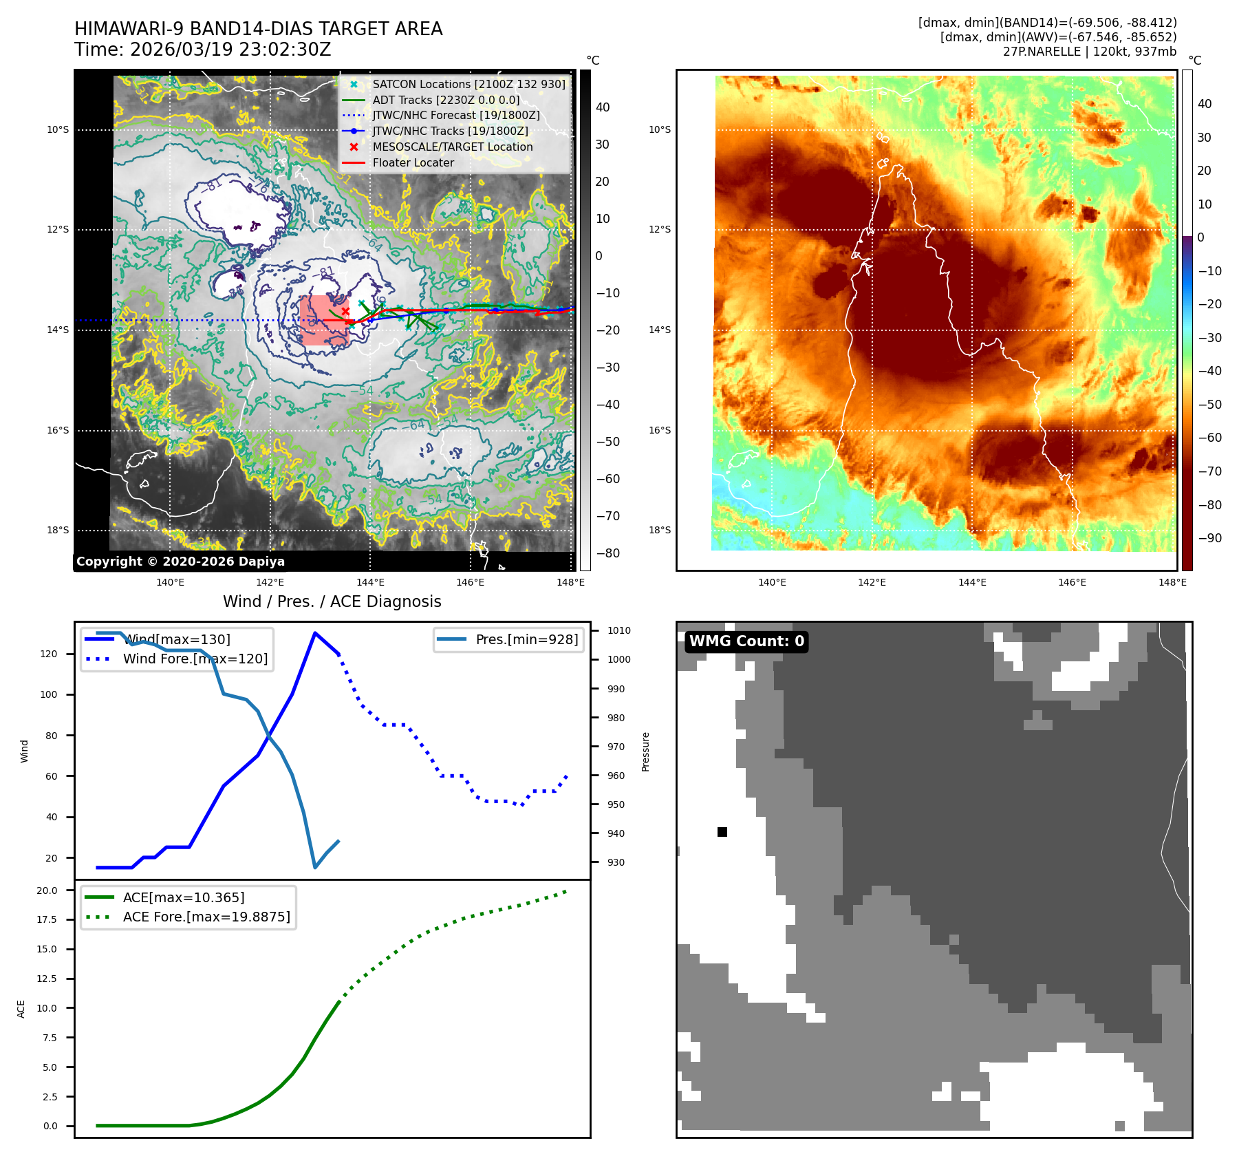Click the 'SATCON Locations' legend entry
(x=468, y=84)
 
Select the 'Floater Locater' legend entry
(x=413, y=163)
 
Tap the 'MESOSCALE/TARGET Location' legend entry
(x=452, y=147)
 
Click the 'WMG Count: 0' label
(x=746, y=641)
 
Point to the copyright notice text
(x=180, y=562)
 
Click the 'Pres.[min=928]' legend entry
(x=526, y=639)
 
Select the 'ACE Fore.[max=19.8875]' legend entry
(x=206, y=917)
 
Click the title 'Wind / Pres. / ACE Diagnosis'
(x=332, y=601)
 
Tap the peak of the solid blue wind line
(x=315, y=633)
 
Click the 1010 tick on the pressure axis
(x=618, y=630)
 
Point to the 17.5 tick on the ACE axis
(x=47, y=919)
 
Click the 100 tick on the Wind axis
(x=49, y=694)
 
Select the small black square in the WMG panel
(x=722, y=832)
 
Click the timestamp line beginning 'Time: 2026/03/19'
(x=203, y=50)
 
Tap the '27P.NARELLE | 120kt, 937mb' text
(x=1089, y=52)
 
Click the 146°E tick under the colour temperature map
(x=1072, y=582)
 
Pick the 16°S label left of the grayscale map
(x=58, y=430)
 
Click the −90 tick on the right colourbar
(x=1210, y=538)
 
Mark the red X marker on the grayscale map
(x=345, y=312)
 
